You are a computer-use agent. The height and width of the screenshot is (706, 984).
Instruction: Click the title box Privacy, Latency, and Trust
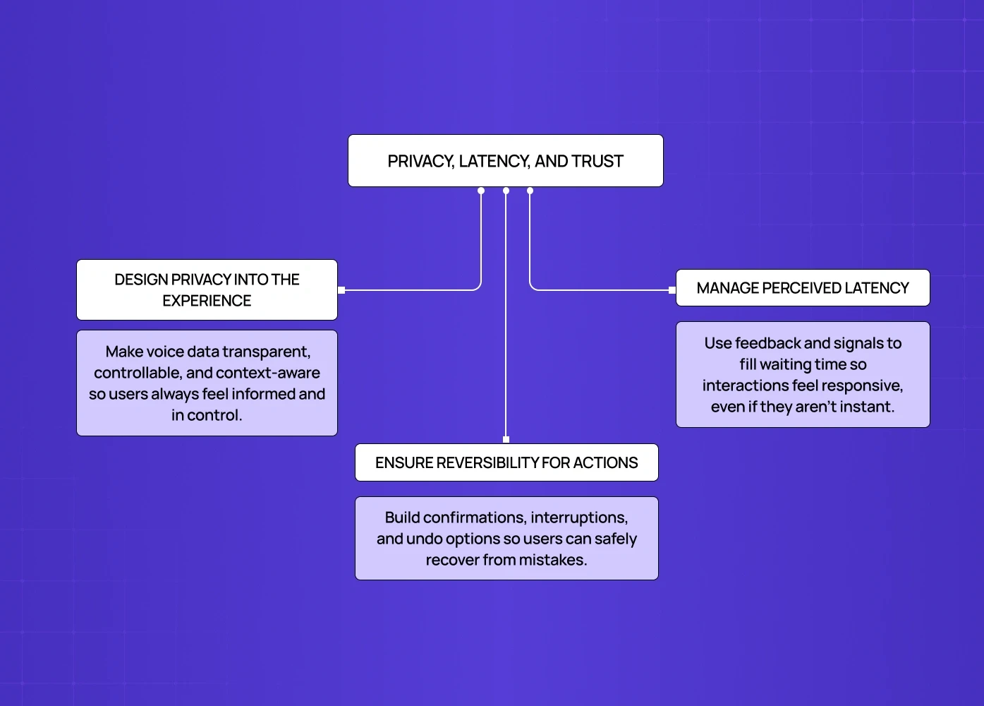505,161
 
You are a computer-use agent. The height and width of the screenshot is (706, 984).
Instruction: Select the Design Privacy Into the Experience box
207,289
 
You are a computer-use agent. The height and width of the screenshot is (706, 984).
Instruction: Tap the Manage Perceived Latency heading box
803,288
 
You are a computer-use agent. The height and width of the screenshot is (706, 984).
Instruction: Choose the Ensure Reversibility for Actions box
506,462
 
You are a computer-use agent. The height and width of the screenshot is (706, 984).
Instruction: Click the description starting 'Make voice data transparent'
207,383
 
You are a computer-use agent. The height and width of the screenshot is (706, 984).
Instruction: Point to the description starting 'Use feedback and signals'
803,374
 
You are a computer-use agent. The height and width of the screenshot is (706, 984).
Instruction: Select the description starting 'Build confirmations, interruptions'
506,538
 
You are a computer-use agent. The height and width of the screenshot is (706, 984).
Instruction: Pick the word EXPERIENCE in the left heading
207,301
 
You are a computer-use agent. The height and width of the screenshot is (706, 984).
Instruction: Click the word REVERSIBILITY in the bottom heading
479,463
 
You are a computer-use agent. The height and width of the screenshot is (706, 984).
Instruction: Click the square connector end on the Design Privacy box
341,290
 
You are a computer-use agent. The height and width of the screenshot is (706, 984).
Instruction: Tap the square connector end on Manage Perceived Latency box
672,290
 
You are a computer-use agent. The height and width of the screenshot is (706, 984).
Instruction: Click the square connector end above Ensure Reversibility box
506,440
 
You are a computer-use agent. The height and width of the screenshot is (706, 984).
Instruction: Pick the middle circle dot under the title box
506,191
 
